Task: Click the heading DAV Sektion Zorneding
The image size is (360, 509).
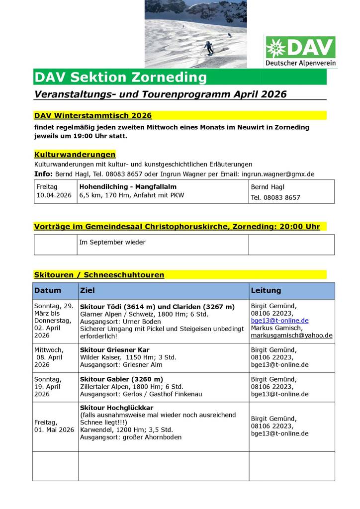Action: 120,77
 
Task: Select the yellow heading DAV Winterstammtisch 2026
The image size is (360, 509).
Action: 93,115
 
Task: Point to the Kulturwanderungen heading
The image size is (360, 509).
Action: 75,155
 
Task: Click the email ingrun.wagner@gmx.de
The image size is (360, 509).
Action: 278,174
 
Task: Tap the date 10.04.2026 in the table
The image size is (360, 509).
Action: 54,195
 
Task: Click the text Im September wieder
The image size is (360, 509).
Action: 112,242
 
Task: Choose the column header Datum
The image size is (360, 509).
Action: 48,290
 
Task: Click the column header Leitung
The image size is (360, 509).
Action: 266,290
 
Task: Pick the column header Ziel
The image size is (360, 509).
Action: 87,290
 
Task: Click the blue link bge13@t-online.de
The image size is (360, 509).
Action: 279,321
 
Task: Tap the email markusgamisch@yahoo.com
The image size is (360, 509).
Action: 291,336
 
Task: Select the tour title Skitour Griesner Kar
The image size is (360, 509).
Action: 114,350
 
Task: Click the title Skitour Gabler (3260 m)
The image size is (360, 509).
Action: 121,379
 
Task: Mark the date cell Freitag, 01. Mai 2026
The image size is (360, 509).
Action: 54,426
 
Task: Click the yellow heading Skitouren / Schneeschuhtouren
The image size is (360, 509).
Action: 99,274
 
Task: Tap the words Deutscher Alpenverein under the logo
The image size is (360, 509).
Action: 300,63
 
